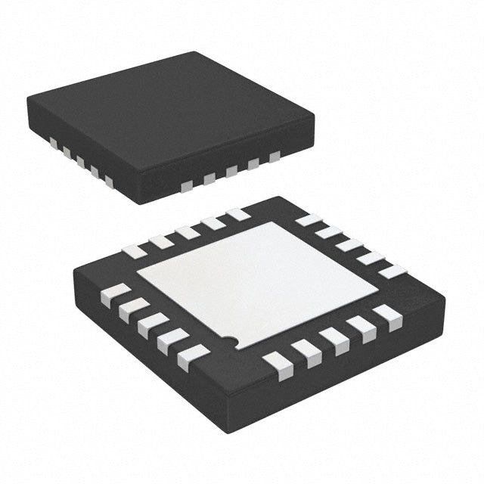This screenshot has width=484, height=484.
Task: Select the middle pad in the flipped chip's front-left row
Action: point(153,324)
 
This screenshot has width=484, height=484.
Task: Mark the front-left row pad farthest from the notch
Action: point(113,293)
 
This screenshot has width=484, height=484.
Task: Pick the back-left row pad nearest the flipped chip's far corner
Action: point(237,215)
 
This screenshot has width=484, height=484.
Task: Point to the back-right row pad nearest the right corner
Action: point(392,270)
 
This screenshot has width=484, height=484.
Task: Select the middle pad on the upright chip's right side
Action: point(231,171)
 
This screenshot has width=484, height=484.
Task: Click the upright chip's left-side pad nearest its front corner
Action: point(109,181)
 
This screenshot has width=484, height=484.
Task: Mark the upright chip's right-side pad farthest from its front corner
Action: point(274,157)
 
